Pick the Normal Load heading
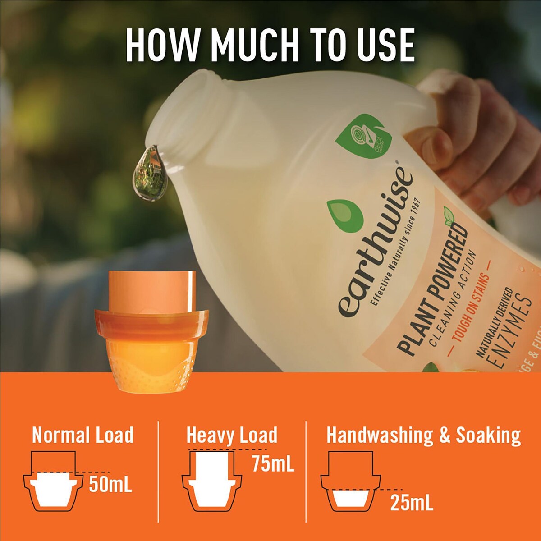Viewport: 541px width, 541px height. (83, 435)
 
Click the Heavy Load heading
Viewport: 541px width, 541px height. (232, 435)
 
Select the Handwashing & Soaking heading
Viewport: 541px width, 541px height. (423, 435)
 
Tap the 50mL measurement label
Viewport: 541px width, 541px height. (110, 484)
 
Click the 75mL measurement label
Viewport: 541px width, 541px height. (273, 463)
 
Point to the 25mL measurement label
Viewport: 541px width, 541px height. (412, 503)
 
